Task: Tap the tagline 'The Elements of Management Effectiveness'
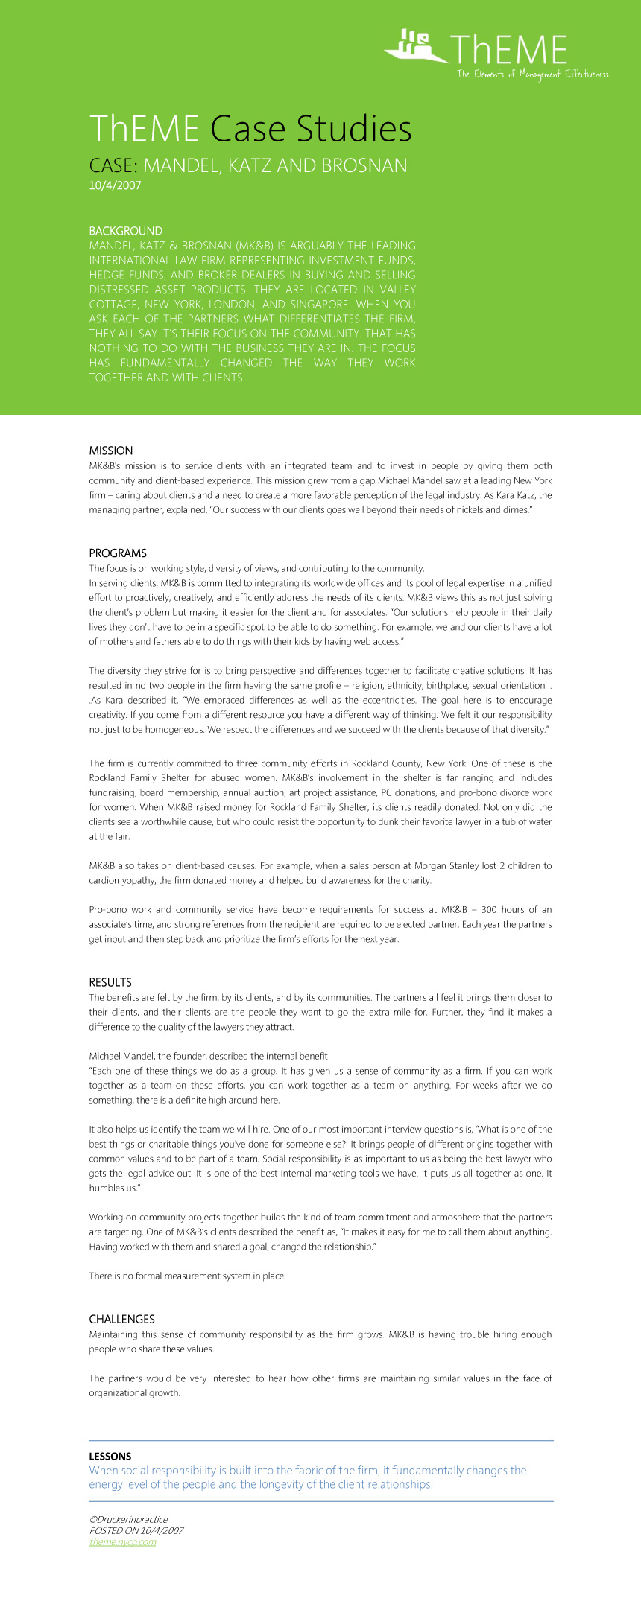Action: tap(532, 74)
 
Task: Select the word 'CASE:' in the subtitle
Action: tap(113, 165)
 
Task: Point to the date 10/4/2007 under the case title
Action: tap(115, 186)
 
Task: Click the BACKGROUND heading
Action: tap(125, 231)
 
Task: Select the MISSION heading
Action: tap(110, 451)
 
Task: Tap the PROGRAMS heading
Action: tap(118, 553)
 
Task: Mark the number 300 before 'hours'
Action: tap(490, 909)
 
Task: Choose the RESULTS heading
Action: tap(110, 982)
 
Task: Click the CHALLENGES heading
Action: tap(121, 1319)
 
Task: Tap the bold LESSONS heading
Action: tap(110, 1456)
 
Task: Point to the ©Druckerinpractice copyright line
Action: tap(128, 1519)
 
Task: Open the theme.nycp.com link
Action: tap(122, 1541)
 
